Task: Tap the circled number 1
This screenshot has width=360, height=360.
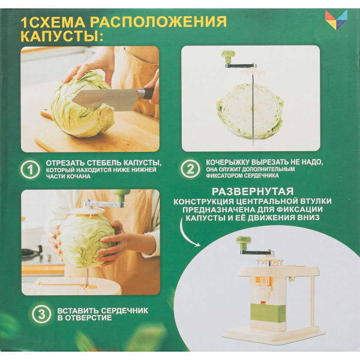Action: click(30, 170)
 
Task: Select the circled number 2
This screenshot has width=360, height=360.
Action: click(190, 169)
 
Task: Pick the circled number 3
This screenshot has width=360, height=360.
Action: click(40, 314)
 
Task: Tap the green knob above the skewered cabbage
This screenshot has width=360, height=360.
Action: click(227, 56)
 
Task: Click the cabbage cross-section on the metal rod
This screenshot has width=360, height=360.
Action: click(250, 110)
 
